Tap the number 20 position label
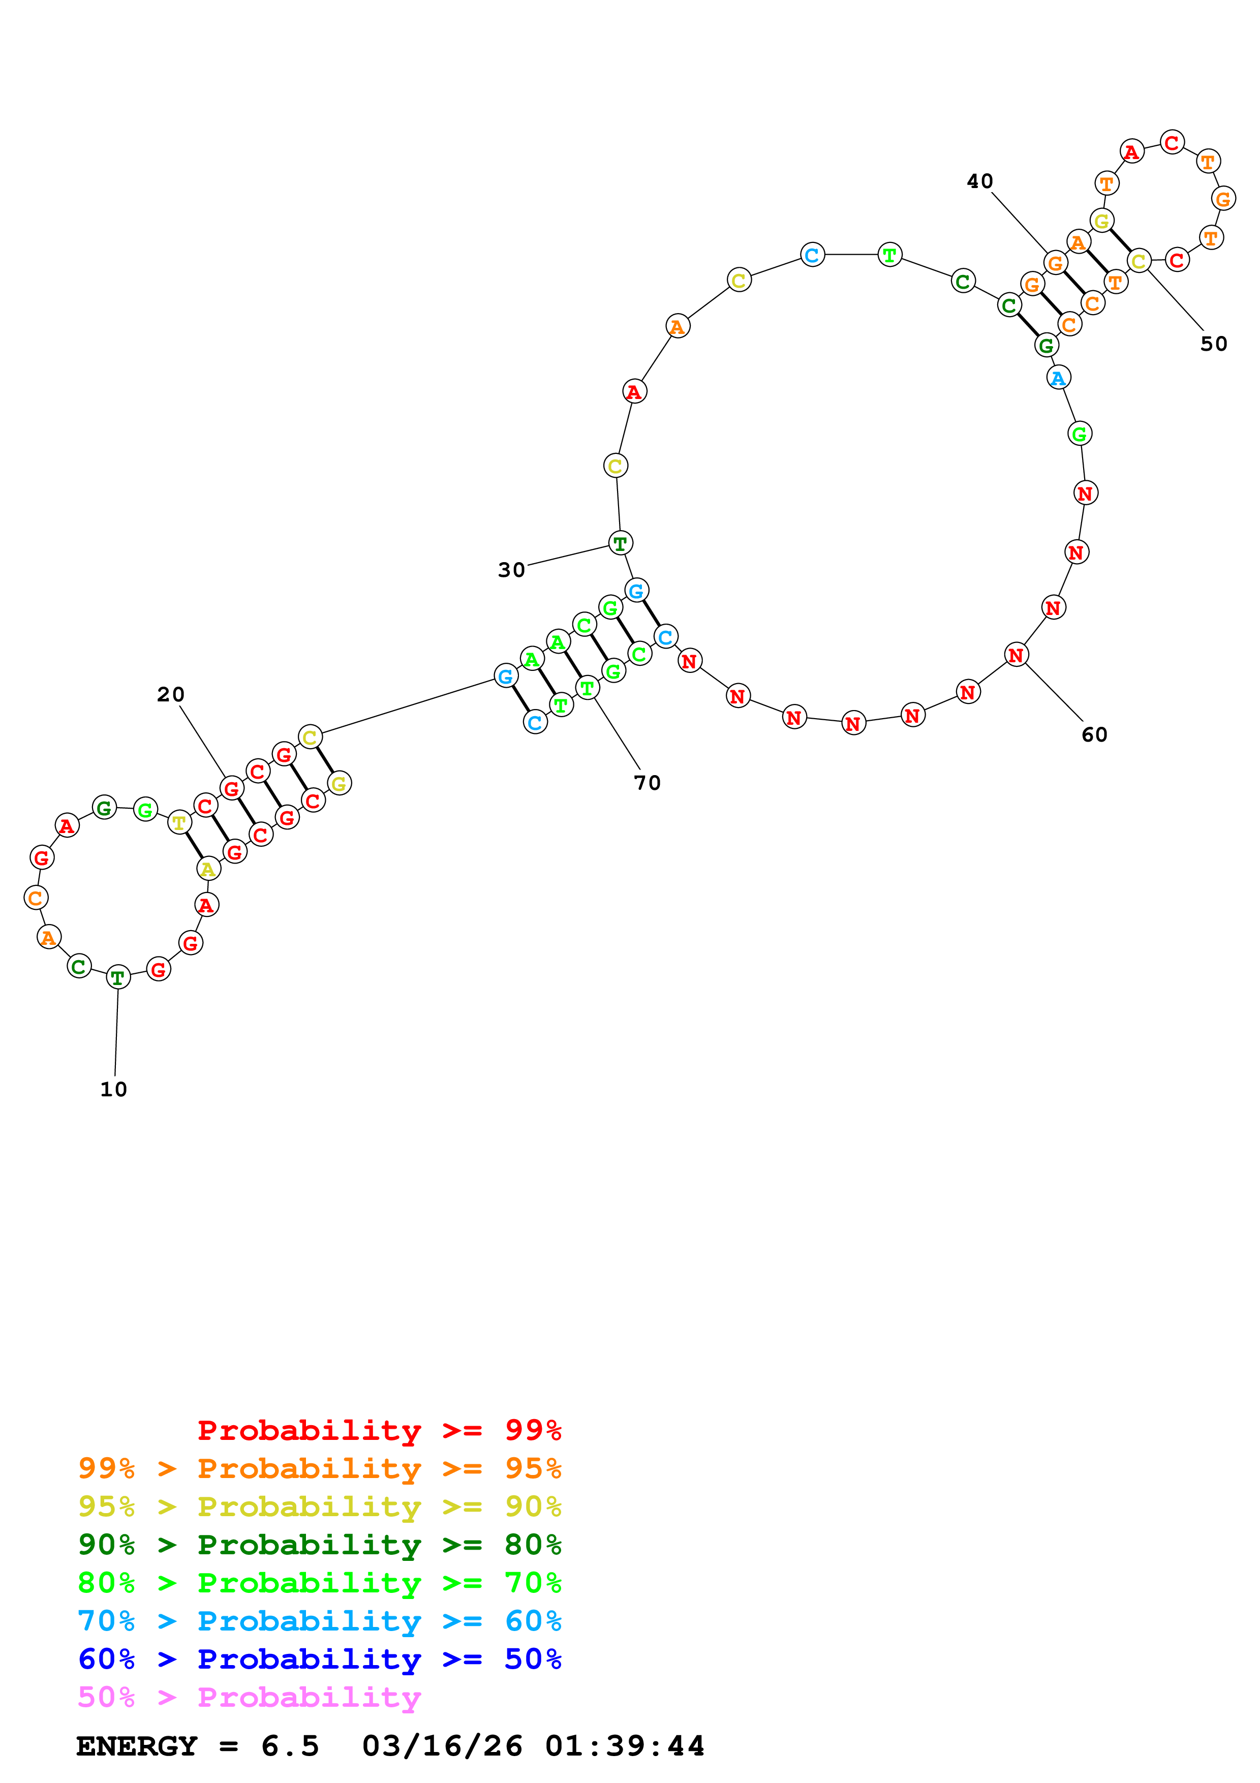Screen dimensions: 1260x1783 click(x=171, y=694)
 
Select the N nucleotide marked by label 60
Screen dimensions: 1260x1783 click(x=1016, y=656)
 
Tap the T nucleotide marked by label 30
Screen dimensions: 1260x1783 click(x=620, y=544)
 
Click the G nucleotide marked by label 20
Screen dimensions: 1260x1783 click(x=231, y=789)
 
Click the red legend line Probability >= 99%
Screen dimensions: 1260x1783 click(x=379, y=1430)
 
